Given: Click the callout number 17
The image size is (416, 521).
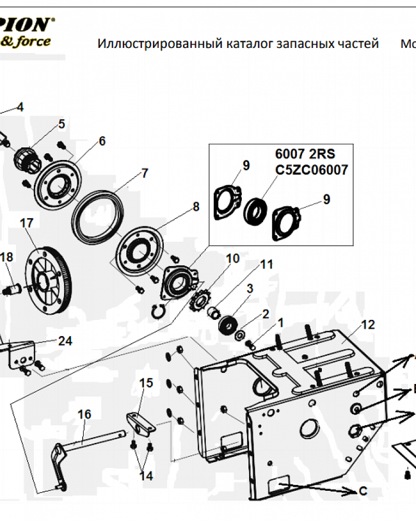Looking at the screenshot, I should [27, 223].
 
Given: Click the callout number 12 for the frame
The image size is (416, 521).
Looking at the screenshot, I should [368, 325].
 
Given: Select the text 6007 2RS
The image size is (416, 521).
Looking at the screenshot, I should [305, 155].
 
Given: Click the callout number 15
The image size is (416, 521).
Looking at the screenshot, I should [147, 383].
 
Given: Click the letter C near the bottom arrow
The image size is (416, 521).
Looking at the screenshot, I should [363, 491].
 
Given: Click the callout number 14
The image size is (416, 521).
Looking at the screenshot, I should [146, 476].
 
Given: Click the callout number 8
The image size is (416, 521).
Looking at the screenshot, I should [196, 207].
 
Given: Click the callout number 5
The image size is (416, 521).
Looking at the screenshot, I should [61, 124].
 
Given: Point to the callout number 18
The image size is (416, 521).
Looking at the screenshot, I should [6, 257].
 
